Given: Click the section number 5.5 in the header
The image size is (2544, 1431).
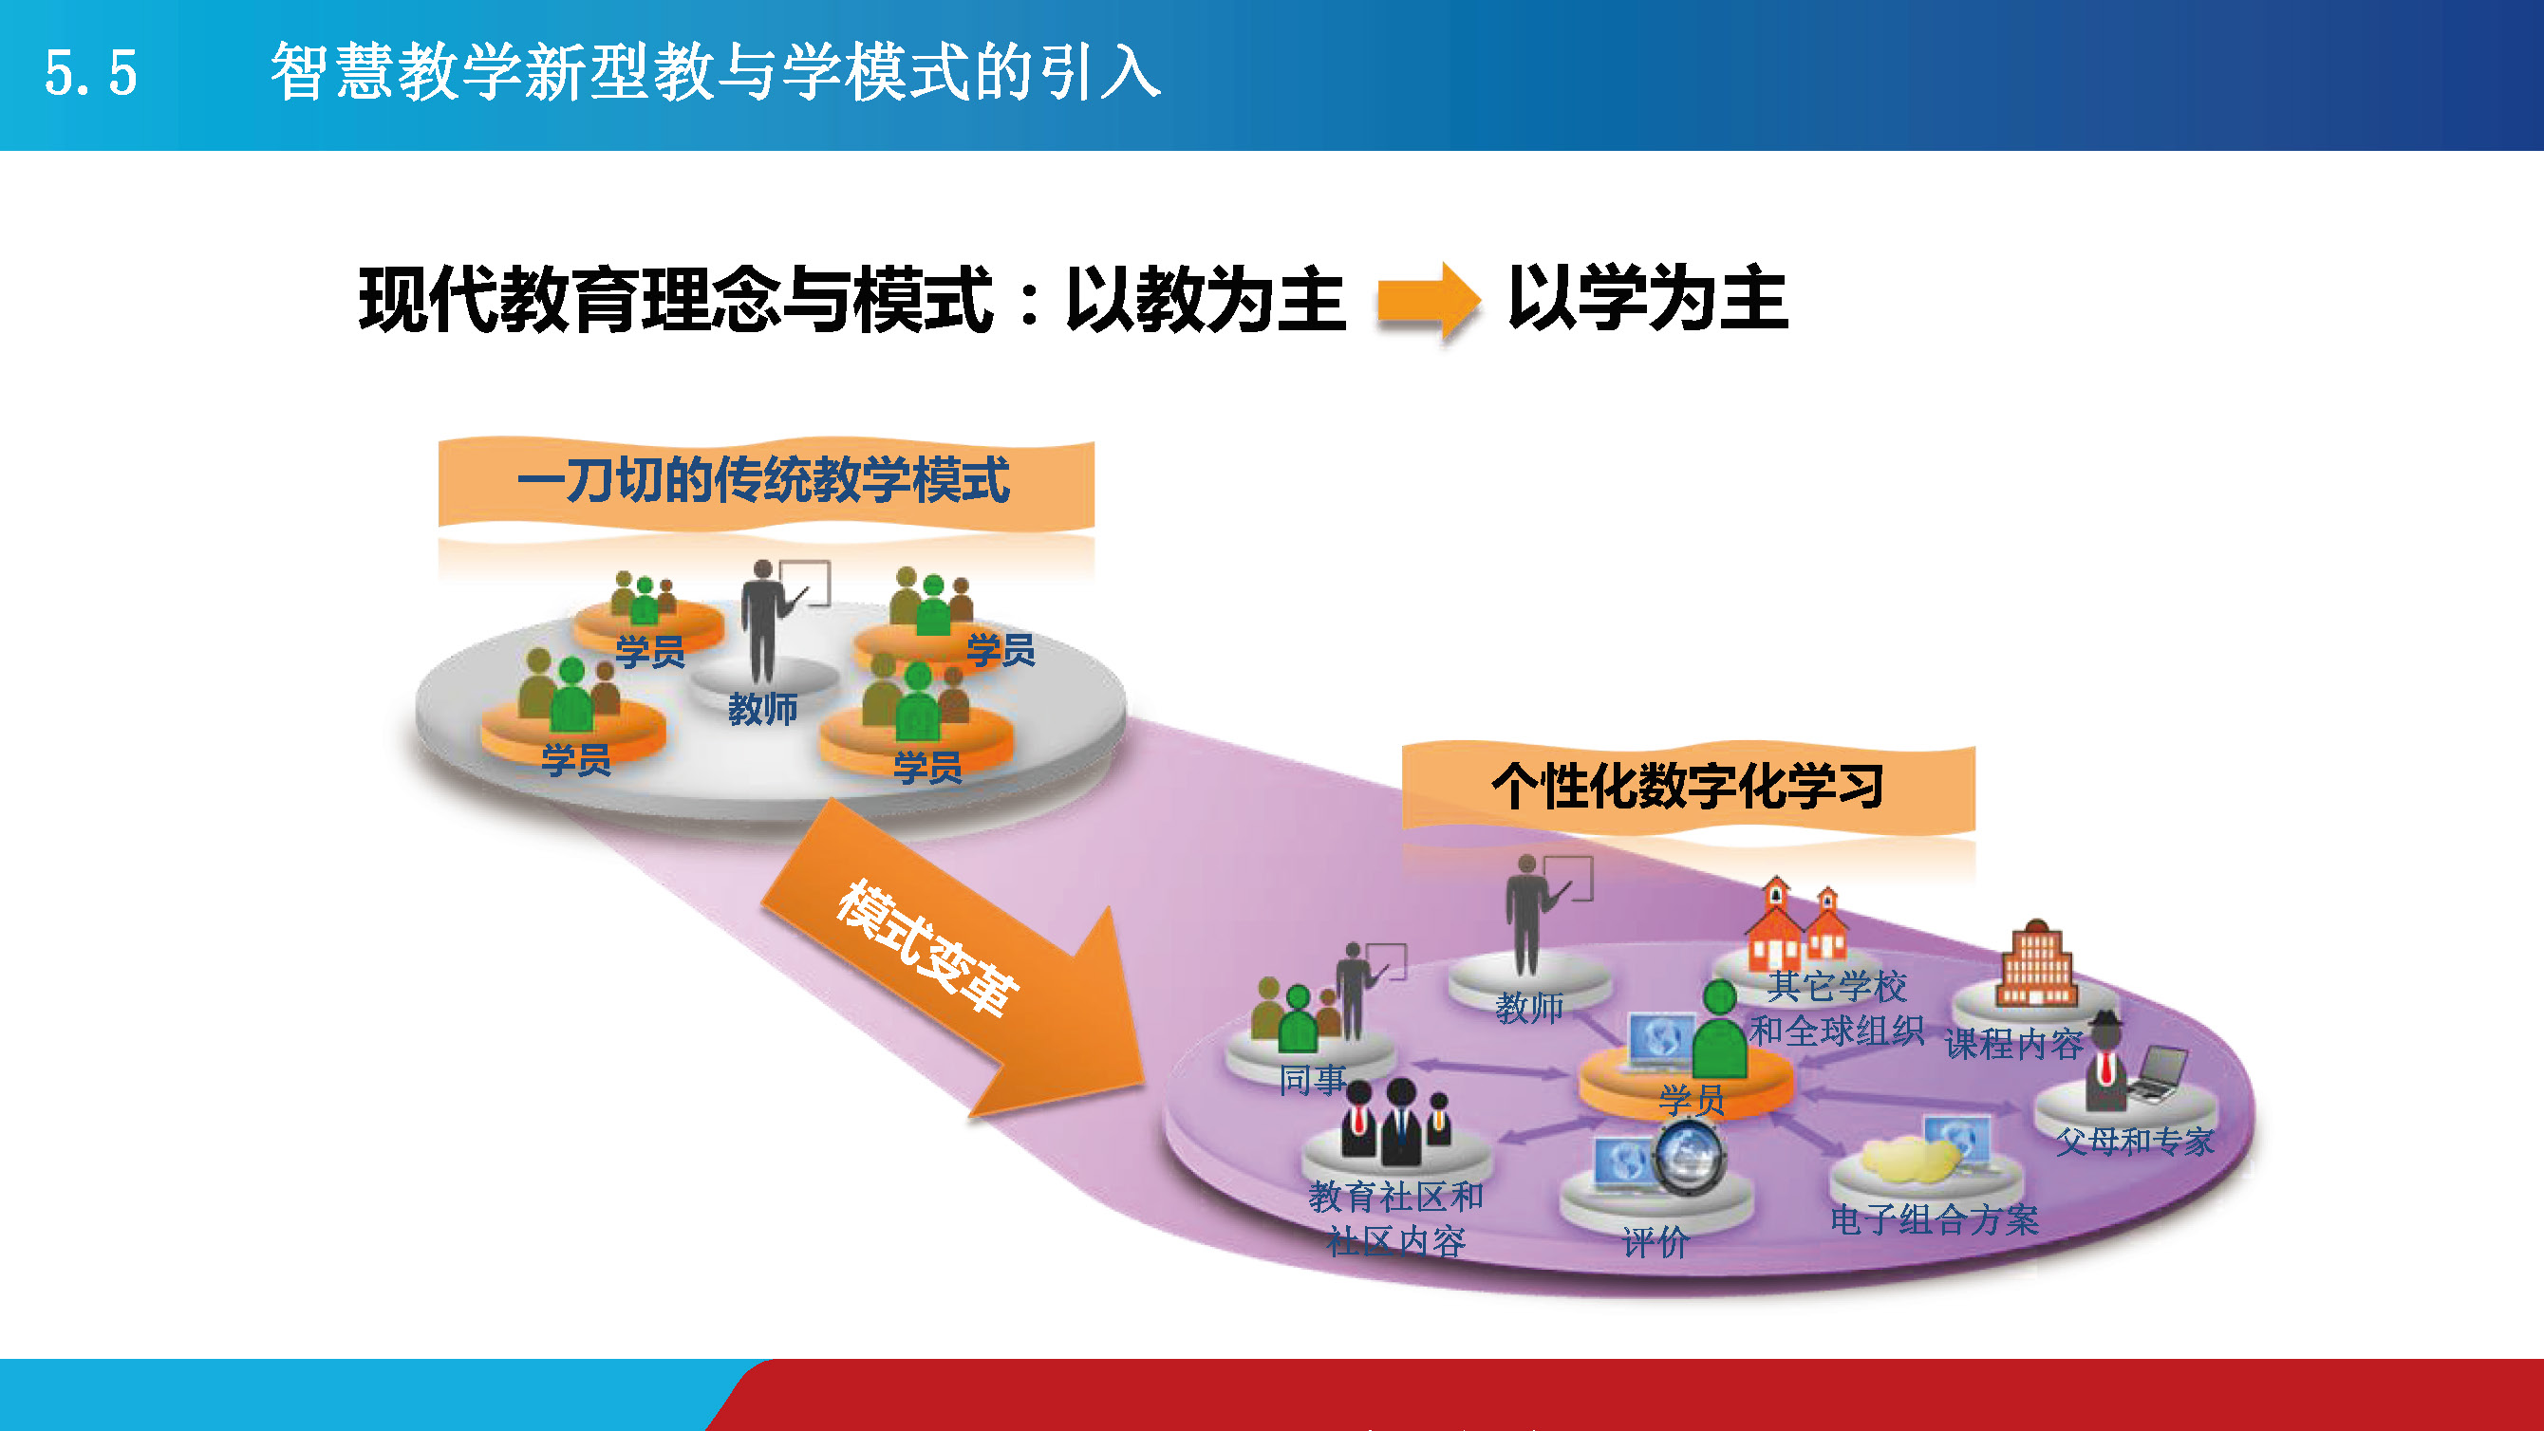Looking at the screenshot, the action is (x=90, y=74).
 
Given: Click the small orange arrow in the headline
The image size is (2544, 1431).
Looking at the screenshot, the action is (x=1428, y=299).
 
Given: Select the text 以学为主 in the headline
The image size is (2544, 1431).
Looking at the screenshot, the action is (x=1647, y=298).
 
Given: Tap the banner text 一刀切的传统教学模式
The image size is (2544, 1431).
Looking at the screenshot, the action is (x=763, y=481).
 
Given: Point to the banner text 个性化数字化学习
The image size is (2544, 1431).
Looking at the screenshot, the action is (x=1688, y=787).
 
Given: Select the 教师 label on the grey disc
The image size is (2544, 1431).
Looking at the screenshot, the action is (x=762, y=709).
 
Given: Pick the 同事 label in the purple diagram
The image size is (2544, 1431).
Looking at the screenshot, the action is (x=1313, y=1080).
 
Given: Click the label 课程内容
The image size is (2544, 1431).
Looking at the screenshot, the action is (x=2013, y=1043).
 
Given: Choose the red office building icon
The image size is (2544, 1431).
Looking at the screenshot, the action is (x=2037, y=964).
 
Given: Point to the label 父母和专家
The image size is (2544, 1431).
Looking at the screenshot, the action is (x=2134, y=1142).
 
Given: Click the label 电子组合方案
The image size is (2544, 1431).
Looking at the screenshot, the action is (x=1934, y=1219).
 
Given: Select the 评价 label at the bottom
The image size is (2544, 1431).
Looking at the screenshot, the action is (x=1655, y=1241).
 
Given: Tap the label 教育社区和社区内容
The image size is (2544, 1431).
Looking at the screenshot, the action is (x=1395, y=1218).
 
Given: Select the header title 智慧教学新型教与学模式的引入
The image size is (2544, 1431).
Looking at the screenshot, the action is (x=715, y=72).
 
